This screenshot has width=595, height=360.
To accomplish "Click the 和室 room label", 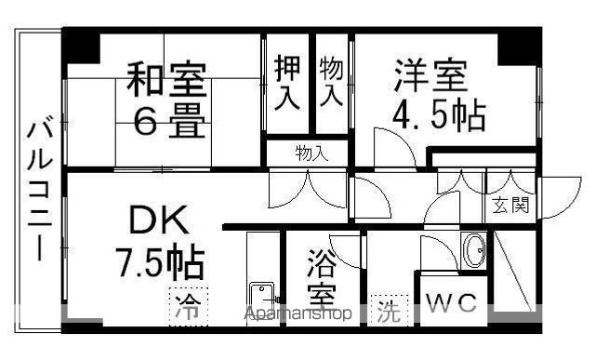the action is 166,79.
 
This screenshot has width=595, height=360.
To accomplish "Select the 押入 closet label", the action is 287,83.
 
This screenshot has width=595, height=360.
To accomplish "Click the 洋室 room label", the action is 430,75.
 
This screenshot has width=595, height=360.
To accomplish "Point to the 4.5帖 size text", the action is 439,114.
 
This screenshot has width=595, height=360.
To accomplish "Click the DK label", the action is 159,220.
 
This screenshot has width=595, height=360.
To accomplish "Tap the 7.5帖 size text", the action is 161,261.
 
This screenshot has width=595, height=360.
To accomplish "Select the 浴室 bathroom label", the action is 322,278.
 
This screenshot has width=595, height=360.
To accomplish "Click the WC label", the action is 451,302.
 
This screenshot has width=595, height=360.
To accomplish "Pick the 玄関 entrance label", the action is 510,206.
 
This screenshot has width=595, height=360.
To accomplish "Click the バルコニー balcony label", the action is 39,191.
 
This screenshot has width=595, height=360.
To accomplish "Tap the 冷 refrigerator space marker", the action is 189,307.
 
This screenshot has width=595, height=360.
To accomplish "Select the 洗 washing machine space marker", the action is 389,311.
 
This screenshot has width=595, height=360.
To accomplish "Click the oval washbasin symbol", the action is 473,250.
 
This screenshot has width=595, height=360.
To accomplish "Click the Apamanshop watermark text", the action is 297,313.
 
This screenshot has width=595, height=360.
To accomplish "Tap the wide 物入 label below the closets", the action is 311,153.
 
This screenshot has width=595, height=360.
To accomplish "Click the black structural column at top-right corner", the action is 520,47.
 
